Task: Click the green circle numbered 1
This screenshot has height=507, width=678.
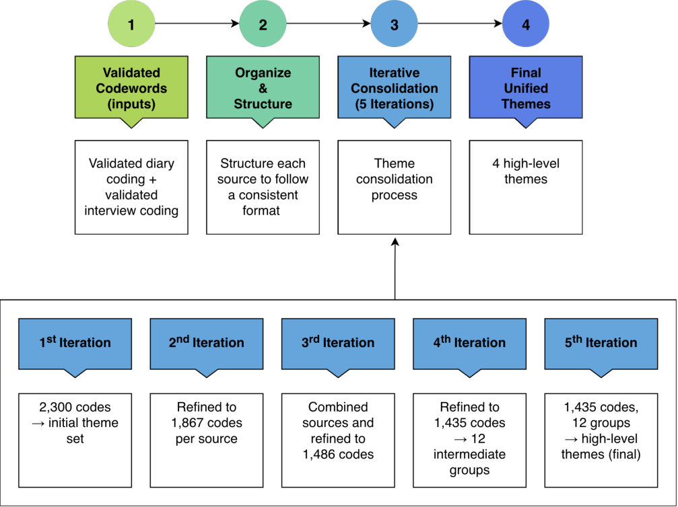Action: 131,24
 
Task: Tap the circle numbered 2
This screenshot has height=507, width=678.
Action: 263,24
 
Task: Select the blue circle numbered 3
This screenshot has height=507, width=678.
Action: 395,24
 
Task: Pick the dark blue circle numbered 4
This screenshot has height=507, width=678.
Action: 526,24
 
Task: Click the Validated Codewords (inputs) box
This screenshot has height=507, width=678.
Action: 131,87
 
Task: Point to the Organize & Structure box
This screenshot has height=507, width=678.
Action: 263,87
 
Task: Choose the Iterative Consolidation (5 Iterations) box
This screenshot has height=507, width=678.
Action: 395,87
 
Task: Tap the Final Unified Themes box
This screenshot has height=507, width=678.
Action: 526,87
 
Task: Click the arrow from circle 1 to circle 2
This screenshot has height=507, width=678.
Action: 197,24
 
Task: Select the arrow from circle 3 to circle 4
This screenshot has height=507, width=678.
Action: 460,24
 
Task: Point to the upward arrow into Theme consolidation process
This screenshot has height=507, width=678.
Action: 395,268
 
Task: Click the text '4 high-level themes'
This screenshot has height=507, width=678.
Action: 526,171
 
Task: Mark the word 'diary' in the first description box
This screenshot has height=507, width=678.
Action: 160,164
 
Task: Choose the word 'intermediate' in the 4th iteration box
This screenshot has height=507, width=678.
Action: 469,455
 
